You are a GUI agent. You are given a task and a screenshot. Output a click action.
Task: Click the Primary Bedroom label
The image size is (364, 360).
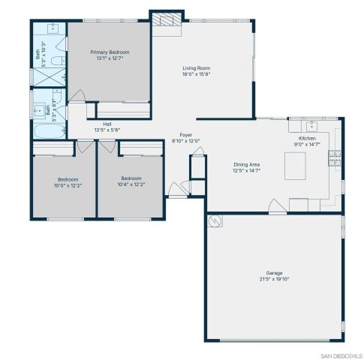point(110,52)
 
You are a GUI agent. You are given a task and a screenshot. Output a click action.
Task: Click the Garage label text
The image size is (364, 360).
point(273,272)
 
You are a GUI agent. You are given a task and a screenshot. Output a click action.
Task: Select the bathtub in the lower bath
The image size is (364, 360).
point(43,134)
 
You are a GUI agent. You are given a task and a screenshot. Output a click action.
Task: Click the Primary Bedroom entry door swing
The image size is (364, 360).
point(75,97)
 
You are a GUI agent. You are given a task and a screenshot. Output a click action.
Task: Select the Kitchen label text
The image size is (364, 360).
point(308,138)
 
